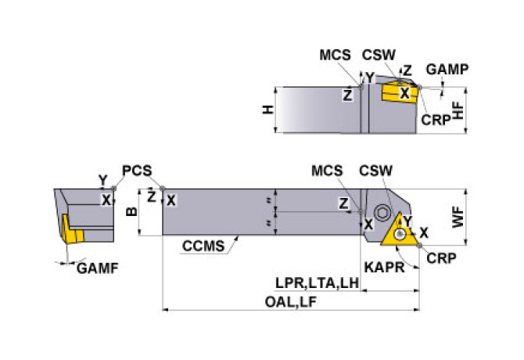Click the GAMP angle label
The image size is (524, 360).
click(447, 70)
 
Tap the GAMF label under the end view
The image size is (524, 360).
click(98, 268)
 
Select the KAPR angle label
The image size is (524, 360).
click(384, 267)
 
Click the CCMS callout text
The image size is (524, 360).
click(203, 247)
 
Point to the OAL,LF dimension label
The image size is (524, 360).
click(290, 302)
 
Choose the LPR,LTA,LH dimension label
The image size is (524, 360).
click(317, 283)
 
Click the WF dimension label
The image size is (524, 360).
click(458, 218)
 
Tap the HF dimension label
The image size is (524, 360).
click(458, 110)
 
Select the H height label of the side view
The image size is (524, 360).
click(267, 110)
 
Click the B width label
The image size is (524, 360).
click(132, 211)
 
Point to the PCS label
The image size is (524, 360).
click(137, 171)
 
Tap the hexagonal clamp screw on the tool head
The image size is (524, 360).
click(382, 212)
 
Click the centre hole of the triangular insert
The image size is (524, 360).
click(400, 234)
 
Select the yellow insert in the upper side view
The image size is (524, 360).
click(400, 92)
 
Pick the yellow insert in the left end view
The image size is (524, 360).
click(71, 230)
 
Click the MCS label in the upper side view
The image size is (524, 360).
click(336, 55)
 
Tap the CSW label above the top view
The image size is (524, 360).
click(375, 171)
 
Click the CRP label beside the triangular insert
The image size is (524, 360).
click(441, 258)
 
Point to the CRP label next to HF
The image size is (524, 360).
click(436, 120)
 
